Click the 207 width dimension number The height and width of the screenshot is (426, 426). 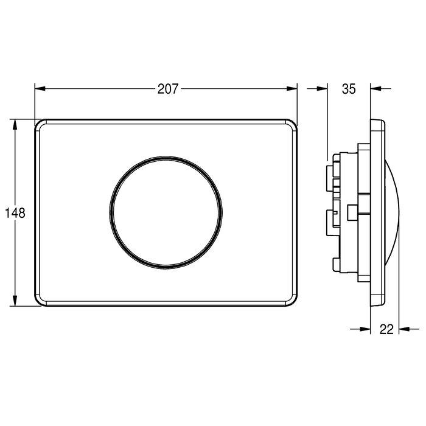168,89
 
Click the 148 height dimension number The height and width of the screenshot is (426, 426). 15,213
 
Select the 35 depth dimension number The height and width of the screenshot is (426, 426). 349,89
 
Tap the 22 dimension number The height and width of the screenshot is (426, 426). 386,329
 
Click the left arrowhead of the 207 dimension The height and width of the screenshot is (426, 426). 40,89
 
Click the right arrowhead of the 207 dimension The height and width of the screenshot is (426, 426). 292,89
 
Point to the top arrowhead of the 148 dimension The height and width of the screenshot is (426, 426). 15,124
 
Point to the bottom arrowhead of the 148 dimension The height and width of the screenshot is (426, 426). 15,301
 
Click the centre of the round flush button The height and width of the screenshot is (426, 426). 166,213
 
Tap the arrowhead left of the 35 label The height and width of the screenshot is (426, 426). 322,89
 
